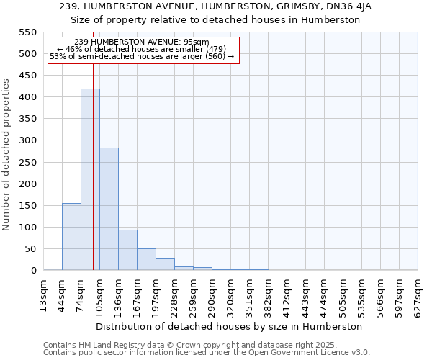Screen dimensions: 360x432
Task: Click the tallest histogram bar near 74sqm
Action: tap(90, 180)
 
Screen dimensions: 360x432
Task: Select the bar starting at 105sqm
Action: tap(109, 209)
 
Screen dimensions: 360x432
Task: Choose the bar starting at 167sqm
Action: tap(146, 260)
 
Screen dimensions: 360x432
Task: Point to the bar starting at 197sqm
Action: tap(165, 264)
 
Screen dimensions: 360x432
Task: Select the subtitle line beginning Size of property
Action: tap(216, 19)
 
